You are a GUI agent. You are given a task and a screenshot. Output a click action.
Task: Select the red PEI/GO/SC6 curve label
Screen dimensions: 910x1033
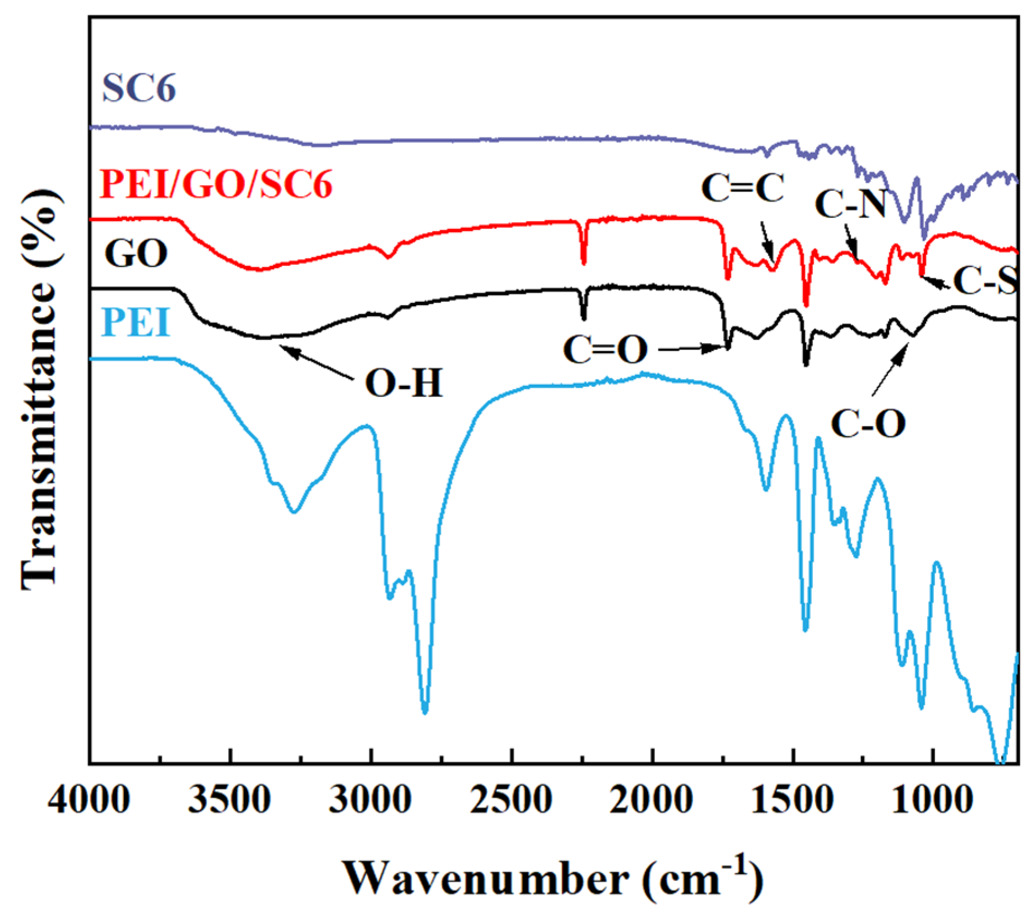pyautogui.click(x=216, y=185)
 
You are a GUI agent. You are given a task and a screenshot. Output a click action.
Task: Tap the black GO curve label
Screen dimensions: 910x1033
pyautogui.click(x=136, y=253)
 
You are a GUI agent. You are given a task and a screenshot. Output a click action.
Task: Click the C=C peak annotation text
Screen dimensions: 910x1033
pyautogui.click(x=742, y=189)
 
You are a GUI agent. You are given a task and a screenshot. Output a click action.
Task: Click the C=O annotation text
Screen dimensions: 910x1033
pyautogui.click(x=605, y=350)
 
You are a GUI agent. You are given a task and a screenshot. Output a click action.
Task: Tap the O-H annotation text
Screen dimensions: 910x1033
pyautogui.click(x=404, y=385)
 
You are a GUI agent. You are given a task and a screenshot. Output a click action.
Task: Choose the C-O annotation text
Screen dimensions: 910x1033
pyautogui.click(x=868, y=424)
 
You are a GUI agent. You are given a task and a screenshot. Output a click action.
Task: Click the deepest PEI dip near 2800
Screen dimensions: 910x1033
pyautogui.click(x=425, y=711)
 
